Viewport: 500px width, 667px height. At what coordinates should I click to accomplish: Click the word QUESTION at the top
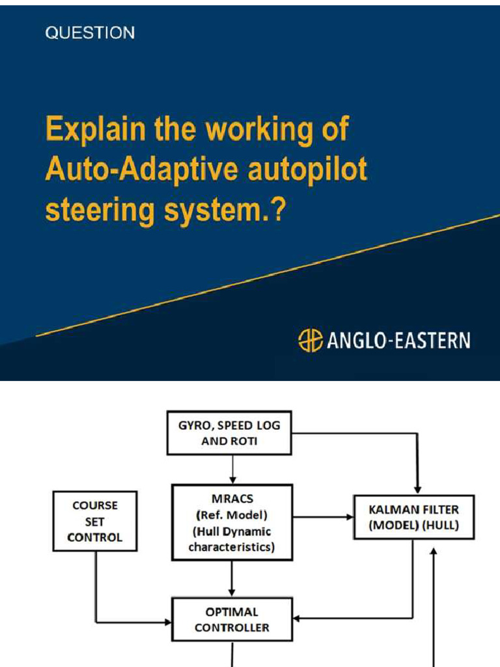pos(90,33)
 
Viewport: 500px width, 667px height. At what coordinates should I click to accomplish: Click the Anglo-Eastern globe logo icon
pos(310,341)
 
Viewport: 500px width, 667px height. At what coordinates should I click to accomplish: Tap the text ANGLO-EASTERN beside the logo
pos(398,341)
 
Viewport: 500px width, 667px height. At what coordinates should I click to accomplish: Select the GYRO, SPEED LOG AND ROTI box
pos(229,433)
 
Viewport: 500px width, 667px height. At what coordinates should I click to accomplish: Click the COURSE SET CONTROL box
pos(96,521)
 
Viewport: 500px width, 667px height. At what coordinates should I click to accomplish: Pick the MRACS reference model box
pos(231,522)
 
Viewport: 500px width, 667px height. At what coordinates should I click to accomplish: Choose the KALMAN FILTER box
pos(414,517)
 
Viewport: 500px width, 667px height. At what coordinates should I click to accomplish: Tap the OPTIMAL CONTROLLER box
pos(231,620)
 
